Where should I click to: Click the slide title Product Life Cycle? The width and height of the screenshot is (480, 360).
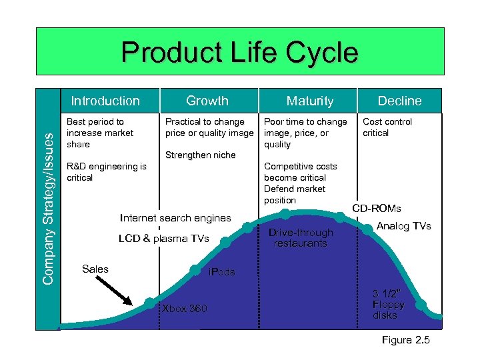click(x=239, y=53)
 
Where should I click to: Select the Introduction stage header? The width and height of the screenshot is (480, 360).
click(x=105, y=101)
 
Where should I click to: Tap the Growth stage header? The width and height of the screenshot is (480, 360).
click(x=207, y=101)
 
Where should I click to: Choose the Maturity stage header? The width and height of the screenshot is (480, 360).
click(x=309, y=101)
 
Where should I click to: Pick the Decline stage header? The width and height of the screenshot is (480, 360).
click(x=399, y=101)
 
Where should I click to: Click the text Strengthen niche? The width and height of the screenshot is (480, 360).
click(x=200, y=155)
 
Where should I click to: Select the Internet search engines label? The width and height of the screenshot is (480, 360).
click(x=175, y=217)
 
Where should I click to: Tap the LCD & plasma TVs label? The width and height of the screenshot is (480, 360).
click(x=163, y=239)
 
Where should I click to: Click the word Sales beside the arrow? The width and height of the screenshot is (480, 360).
click(x=95, y=269)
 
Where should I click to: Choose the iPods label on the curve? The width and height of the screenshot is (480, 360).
click(x=221, y=272)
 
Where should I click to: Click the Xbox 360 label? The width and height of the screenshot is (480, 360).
click(x=185, y=309)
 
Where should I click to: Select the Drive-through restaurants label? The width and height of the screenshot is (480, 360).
click(x=300, y=238)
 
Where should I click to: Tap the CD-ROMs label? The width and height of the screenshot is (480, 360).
click(x=377, y=209)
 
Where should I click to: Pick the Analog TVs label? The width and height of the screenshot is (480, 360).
click(x=404, y=226)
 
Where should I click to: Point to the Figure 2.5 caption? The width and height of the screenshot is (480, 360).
click(x=405, y=340)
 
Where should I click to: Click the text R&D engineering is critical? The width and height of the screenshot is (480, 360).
click(x=107, y=172)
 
